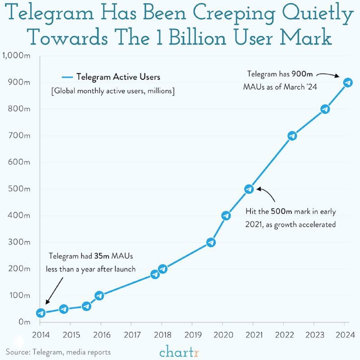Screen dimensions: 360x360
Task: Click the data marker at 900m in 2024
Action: coord(348,82)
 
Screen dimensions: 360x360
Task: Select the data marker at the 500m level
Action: coord(249,189)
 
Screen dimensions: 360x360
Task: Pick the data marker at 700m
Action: coord(292,135)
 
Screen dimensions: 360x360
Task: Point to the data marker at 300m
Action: coord(211,242)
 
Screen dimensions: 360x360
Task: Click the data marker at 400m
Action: coord(226,216)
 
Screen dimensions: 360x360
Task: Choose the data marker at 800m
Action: coord(325,109)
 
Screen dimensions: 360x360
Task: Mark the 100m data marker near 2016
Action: coord(99,296)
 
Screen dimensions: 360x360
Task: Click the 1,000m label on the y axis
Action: coord(16,56)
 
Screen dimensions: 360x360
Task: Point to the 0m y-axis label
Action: coord(24,322)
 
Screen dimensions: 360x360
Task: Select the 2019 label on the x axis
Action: coord(192,336)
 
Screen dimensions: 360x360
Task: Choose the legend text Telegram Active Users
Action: coord(118,77)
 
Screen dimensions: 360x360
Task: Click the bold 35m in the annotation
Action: coord(99,256)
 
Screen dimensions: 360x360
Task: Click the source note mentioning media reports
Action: coord(58,352)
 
